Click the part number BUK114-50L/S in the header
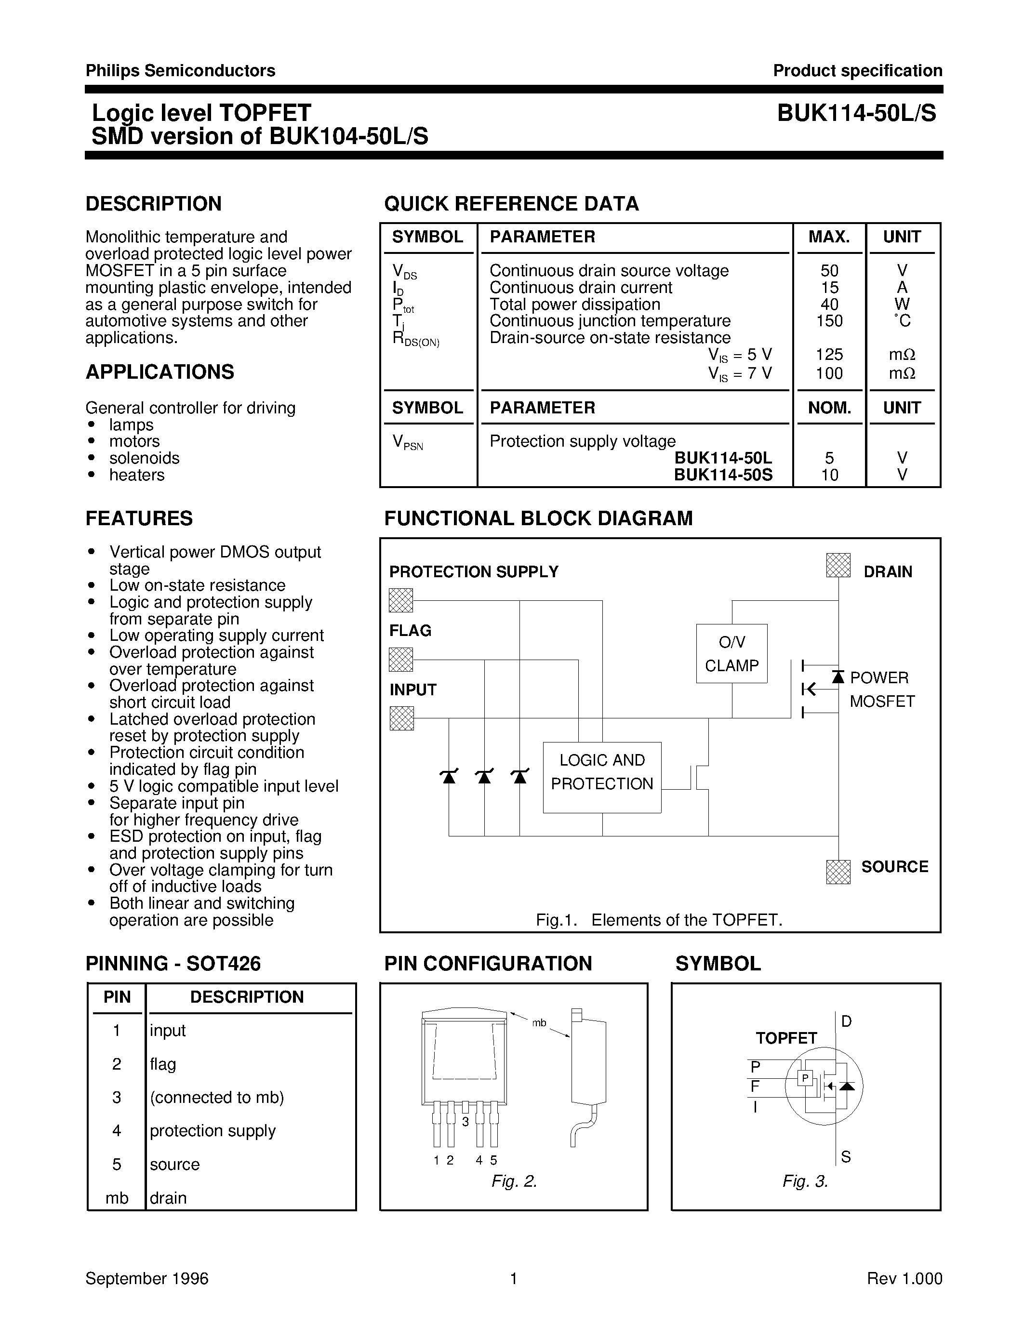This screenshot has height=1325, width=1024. coord(857,113)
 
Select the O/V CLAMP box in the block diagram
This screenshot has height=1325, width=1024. coord(731,653)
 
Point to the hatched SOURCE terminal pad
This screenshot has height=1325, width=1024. coord(838,872)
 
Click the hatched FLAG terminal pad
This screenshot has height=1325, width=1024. coord(401,660)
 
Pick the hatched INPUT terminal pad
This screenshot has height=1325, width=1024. coord(401,718)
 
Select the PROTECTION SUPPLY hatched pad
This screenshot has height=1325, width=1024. coord(401,601)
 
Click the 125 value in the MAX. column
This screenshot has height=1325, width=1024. coord(829,354)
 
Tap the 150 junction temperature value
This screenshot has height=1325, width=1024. coord(829,321)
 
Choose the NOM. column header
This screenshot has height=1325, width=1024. coord(829,408)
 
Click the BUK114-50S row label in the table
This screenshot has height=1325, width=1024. coord(723,475)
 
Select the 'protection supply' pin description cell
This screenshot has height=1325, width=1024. coord(213,1131)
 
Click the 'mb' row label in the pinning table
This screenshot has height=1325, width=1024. coord(117,1198)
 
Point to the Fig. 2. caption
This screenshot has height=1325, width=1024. coord(514,1181)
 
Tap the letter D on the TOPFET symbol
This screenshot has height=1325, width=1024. coord(846,1021)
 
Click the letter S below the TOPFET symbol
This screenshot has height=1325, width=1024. coord(846,1157)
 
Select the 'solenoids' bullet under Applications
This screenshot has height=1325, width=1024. coord(145,458)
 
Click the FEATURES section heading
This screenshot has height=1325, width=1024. coord(139,518)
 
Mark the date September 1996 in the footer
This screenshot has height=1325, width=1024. coord(147,1278)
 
